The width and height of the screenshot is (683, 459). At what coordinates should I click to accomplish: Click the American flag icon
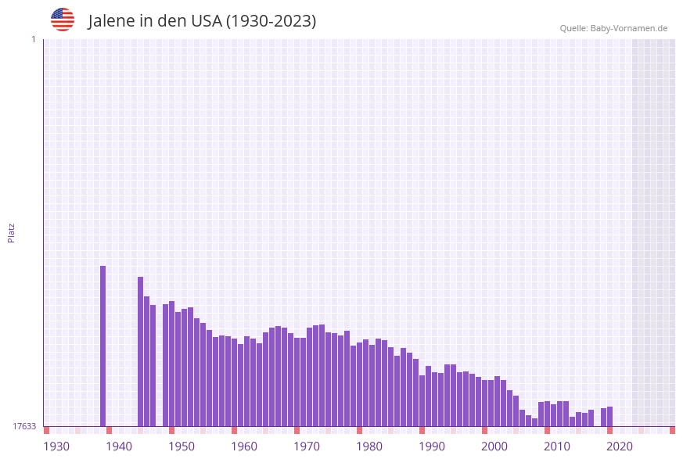coord(63,20)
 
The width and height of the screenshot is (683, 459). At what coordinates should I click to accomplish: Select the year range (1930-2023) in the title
coord(271,21)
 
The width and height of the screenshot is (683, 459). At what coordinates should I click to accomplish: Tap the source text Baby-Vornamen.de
coord(629,28)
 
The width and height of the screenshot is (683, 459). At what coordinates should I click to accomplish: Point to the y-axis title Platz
coord(11,232)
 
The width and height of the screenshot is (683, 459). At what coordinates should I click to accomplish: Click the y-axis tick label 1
coord(33,39)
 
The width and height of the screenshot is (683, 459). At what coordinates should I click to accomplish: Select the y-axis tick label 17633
coord(24,426)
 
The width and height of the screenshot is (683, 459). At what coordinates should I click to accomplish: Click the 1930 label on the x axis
coord(56,446)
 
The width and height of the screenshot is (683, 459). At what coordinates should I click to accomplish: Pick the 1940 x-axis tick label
coord(119,446)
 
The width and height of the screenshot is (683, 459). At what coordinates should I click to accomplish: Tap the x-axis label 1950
coord(182,446)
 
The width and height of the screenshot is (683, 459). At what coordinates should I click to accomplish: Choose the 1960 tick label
coord(244,446)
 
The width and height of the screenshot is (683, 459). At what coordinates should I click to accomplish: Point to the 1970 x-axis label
coord(307,446)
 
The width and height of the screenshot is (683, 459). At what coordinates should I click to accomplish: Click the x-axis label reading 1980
coord(369,446)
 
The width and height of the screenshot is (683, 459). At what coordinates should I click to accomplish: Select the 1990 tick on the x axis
coord(432,446)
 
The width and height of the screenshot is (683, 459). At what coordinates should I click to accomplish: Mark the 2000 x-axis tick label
coord(494,446)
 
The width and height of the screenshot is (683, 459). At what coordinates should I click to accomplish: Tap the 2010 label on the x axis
coord(557,446)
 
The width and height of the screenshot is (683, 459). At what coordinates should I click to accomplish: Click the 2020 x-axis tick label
coord(620,446)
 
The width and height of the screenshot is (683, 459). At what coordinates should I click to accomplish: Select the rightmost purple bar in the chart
coord(609,416)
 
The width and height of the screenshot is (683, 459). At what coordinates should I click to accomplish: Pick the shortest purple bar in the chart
coord(534,422)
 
